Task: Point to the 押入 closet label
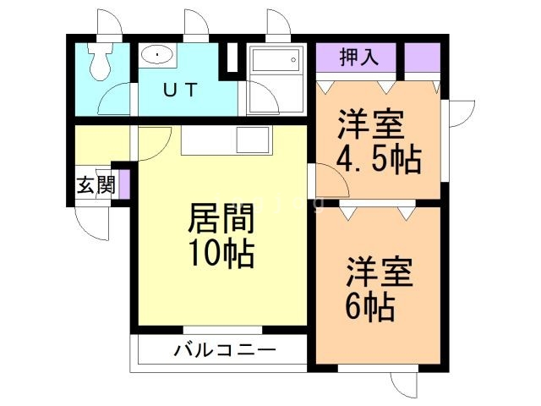(357, 58)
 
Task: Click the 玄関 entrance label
(95, 186)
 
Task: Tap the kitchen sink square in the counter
(252, 139)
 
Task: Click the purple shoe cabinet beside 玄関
(123, 184)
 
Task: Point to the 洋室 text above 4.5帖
(369, 125)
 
